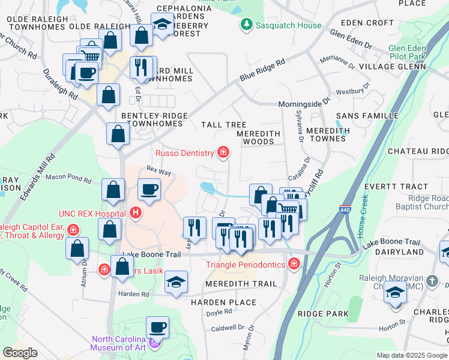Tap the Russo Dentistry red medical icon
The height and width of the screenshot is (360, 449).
pyautogui.click(x=223, y=152)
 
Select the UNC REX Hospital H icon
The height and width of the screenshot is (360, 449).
pyautogui.click(x=136, y=212)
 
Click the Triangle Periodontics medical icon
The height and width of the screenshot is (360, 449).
pyautogui.click(x=294, y=264)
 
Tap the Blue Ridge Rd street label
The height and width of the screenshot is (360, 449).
pyautogui.click(x=262, y=70)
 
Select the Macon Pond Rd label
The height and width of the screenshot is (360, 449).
pyautogui.click(x=68, y=178)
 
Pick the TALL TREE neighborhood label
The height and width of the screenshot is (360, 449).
pyautogui.click(x=224, y=125)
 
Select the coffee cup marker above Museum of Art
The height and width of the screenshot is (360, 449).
pyautogui.click(x=157, y=328)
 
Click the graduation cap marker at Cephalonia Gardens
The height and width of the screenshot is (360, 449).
pyautogui.click(x=161, y=25)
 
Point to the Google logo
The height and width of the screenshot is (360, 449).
pyautogui.click(x=20, y=353)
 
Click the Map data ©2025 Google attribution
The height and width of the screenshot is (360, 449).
pyautogui.click(x=412, y=355)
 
